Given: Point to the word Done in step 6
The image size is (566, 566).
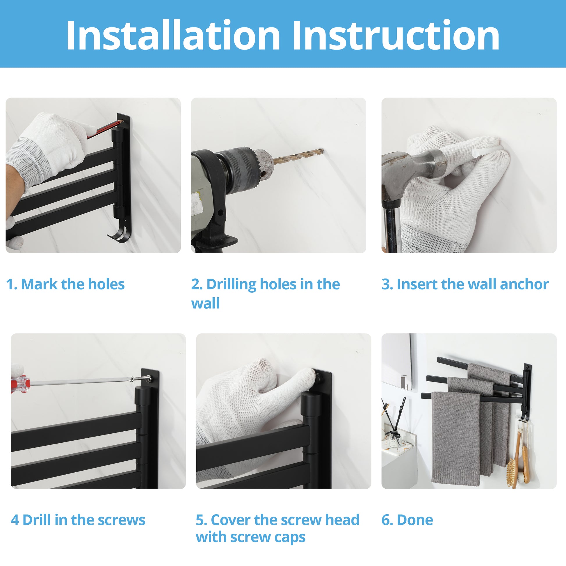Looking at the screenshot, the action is pyautogui.click(x=415, y=520).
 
